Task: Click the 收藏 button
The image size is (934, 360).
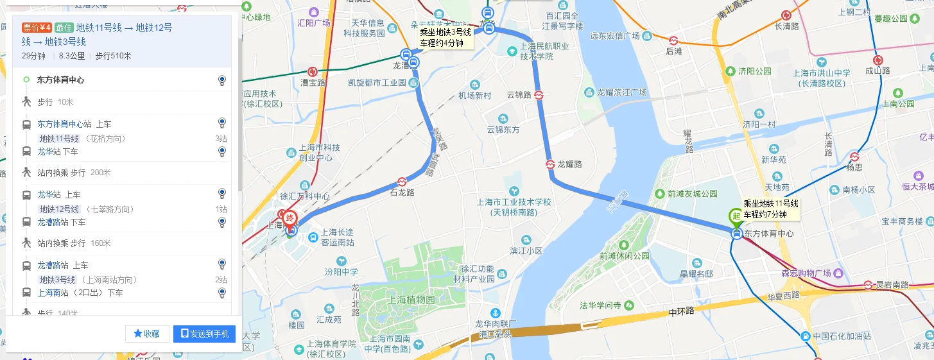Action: pyautogui.click(x=147, y=334)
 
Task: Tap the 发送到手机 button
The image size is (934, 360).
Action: pyautogui.click(x=204, y=334)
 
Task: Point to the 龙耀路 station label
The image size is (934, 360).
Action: pyautogui.click(x=569, y=164)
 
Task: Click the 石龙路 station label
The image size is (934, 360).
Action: pyautogui.click(x=402, y=192)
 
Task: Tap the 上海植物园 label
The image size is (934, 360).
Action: pyautogui.click(x=411, y=300)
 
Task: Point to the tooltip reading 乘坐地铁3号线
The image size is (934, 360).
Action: pyautogui.click(x=445, y=38)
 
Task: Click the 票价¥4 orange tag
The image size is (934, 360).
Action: pyautogui.click(x=37, y=28)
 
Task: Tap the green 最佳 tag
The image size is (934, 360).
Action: pyautogui.click(x=64, y=28)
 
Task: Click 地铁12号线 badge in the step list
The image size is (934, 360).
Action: pyautogui.click(x=59, y=209)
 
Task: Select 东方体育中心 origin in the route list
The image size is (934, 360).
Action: pyautogui.click(x=60, y=80)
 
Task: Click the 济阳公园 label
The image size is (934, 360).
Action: pyautogui.click(x=754, y=71)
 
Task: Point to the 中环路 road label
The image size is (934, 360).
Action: pyautogui.click(x=682, y=311)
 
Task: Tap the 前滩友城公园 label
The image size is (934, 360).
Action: pyautogui.click(x=692, y=193)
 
